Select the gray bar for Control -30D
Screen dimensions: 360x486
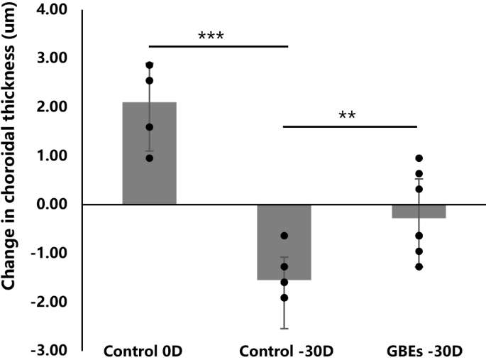point(284,241)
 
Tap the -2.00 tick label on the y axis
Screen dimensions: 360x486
point(48,302)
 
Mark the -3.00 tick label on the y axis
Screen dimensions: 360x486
point(48,350)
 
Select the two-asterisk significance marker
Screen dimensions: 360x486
point(348,115)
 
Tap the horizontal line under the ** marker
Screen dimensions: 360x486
point(349,127)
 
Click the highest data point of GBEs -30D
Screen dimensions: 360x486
point(419,158)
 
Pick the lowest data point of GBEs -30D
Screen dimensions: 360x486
point(419,267)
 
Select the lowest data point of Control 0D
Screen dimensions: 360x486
point(149,158)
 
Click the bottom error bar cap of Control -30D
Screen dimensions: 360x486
point(284,328)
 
